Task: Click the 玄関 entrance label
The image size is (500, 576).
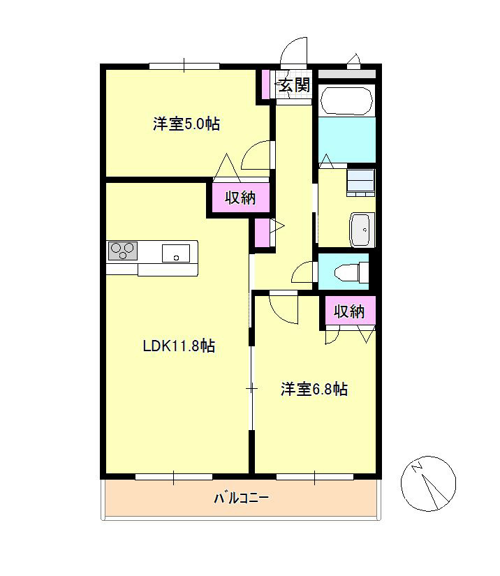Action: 294,85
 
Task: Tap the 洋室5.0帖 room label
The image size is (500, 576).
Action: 186,124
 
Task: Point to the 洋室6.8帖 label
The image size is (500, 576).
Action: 314,389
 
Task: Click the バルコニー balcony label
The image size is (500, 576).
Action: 241,499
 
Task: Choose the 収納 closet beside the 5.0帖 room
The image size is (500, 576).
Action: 240,198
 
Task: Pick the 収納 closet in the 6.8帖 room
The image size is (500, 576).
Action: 349,311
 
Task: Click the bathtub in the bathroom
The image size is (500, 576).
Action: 347,102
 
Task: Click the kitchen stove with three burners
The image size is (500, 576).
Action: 122,251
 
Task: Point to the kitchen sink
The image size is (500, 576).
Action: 176,253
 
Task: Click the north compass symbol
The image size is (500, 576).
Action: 428,482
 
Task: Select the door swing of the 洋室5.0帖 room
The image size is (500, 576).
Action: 256,155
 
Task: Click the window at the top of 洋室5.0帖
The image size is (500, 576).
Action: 184,66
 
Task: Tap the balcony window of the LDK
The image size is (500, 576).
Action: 174,477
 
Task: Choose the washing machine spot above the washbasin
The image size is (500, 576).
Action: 361,182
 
